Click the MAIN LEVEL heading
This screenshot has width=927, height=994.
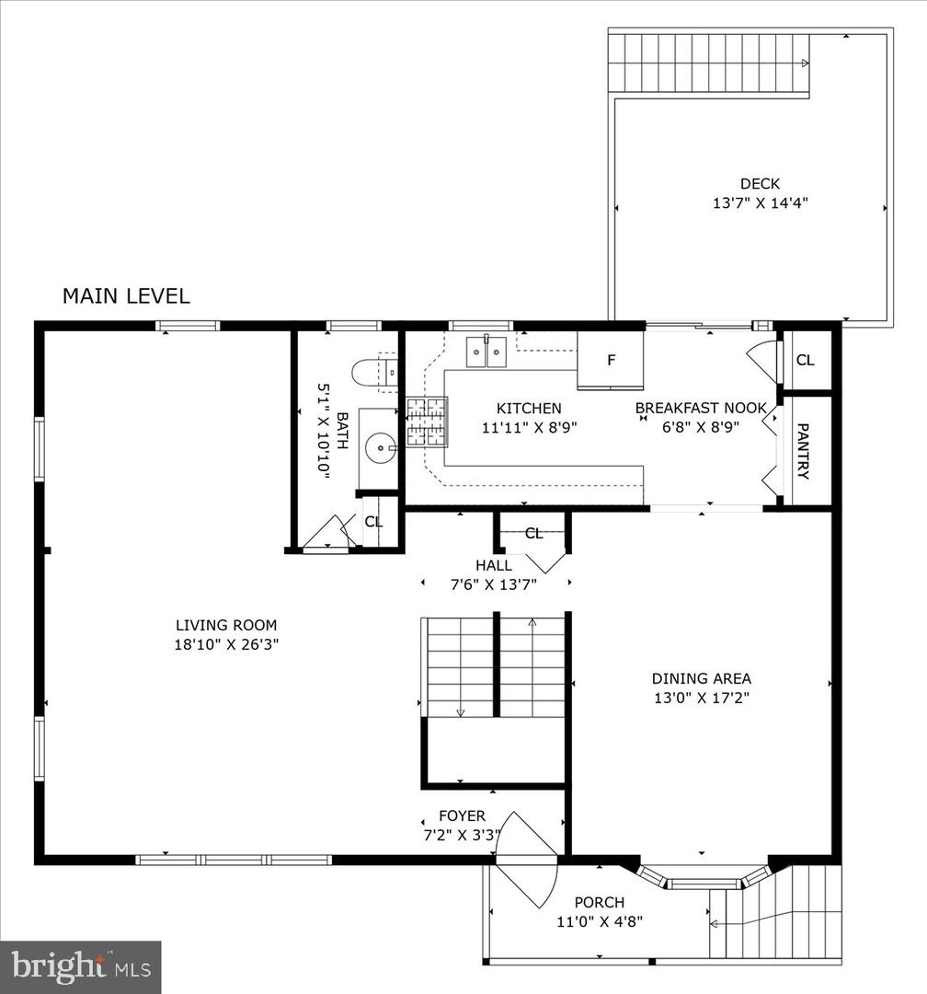click(126, 296)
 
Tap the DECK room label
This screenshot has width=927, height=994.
click(760, 184)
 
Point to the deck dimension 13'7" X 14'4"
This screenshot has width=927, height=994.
click(761, 202)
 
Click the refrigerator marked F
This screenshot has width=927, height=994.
click(611, 360)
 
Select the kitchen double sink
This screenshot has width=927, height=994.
click(486, 352)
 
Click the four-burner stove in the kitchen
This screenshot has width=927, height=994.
click(427, 422)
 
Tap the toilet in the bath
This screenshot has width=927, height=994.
click(374, 373)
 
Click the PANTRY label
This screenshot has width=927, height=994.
click(802, 451)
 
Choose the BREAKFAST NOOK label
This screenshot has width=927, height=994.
click(701, 408)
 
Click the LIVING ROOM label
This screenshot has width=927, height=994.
click(226, 625)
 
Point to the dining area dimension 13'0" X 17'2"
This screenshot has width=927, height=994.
click(702, 698)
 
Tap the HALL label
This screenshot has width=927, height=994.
click(494, 565)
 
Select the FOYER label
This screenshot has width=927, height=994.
click(462, 815)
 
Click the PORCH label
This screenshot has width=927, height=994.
click(600, 902)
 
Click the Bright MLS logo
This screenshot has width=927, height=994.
click(81, 966)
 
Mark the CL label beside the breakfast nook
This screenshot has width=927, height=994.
click(805, 360)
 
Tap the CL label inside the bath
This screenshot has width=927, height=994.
click(373, 522)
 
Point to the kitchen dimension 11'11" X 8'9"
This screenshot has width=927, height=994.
click(529, 427)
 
